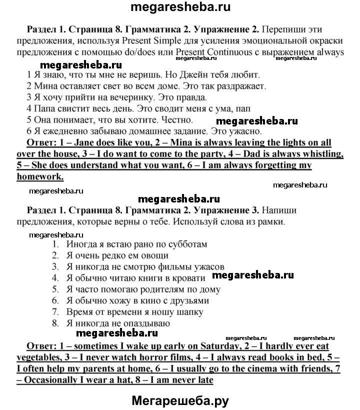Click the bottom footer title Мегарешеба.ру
[180, 400]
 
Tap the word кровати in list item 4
[188, 278]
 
